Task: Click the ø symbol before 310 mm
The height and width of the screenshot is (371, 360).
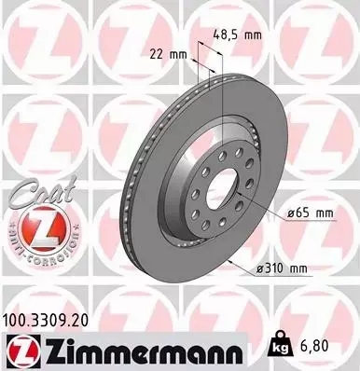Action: coord(259,270)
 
